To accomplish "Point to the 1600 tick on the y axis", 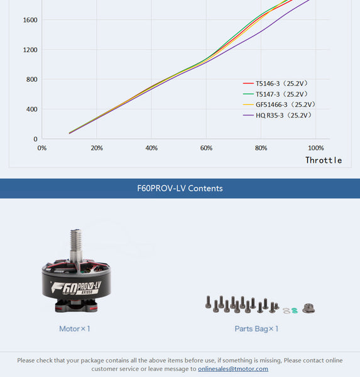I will point(30,20).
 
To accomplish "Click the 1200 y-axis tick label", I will point(30,50).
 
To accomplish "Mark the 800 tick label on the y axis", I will point(31,80).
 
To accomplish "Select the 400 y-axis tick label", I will point(31,109).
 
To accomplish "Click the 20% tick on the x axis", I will point(97,148).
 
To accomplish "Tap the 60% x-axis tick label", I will point(206,148).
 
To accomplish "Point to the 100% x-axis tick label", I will point(316,148).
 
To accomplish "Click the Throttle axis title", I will point(324,160).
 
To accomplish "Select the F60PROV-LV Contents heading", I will point(180,188).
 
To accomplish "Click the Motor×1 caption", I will point(74,329).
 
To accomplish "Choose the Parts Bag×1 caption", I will point(256,329).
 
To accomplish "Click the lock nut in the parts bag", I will point(308,308).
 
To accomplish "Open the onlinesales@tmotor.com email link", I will point(233,369).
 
